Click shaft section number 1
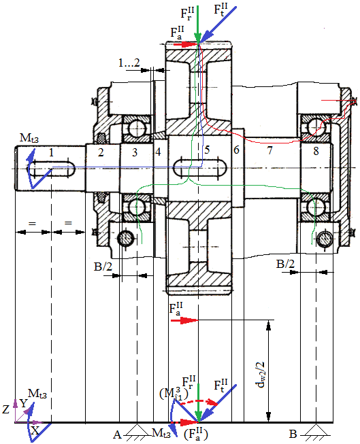point(51,152)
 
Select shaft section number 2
point(101,152)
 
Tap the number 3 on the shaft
point(135,152)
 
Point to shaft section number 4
point(158,152)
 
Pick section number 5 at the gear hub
point(207,150)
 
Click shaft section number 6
point(236,150)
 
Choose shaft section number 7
point(269,150)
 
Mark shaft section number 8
point(316,151)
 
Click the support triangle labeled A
point(137,430)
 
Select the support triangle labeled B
point(316,430)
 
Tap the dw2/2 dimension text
point(261,375)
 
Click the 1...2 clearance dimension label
point(129,63)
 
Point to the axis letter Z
point(5,409)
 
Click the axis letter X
point(35,431)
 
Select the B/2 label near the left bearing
point(103,266)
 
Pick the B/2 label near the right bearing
point(285,264)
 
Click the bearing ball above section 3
point(137,129)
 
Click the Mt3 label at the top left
point(29,139)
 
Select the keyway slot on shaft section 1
point(51,169)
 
